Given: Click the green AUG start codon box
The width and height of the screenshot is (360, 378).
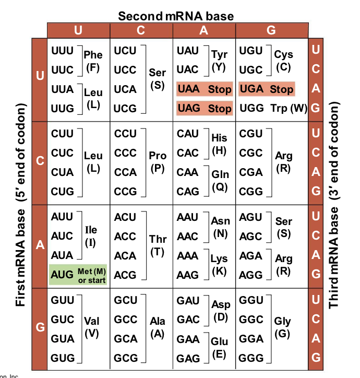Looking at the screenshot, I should [78, 275].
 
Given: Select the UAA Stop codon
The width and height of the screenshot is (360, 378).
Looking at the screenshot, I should [204, 89].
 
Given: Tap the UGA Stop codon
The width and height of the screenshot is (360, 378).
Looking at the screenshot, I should [266, 89].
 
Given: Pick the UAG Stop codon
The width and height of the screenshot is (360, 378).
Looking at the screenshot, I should [204, 109].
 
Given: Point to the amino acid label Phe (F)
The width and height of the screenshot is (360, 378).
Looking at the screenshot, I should [93, 61].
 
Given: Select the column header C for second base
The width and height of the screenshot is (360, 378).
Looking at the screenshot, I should [141, 30].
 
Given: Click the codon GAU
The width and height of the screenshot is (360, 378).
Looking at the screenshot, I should [188, 301].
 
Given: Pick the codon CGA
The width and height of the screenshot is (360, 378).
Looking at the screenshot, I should [251, 172].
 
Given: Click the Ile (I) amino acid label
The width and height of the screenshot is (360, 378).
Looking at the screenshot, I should [90, 236].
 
